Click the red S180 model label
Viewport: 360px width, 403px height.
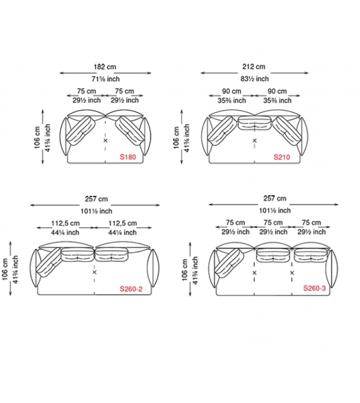[128, 157]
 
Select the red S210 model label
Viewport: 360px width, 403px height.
[282, 157]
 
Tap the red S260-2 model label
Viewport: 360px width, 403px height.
[131, 289]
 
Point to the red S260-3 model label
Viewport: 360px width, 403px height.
[314, 288]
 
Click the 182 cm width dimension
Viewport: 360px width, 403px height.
[105, 67]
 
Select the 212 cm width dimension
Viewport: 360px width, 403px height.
[254, 67]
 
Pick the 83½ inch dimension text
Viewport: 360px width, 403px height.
[255, 78]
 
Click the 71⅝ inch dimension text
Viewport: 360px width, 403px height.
[105, 78]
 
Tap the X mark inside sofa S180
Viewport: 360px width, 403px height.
[105, 141]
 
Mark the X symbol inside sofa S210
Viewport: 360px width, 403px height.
[255, 141]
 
